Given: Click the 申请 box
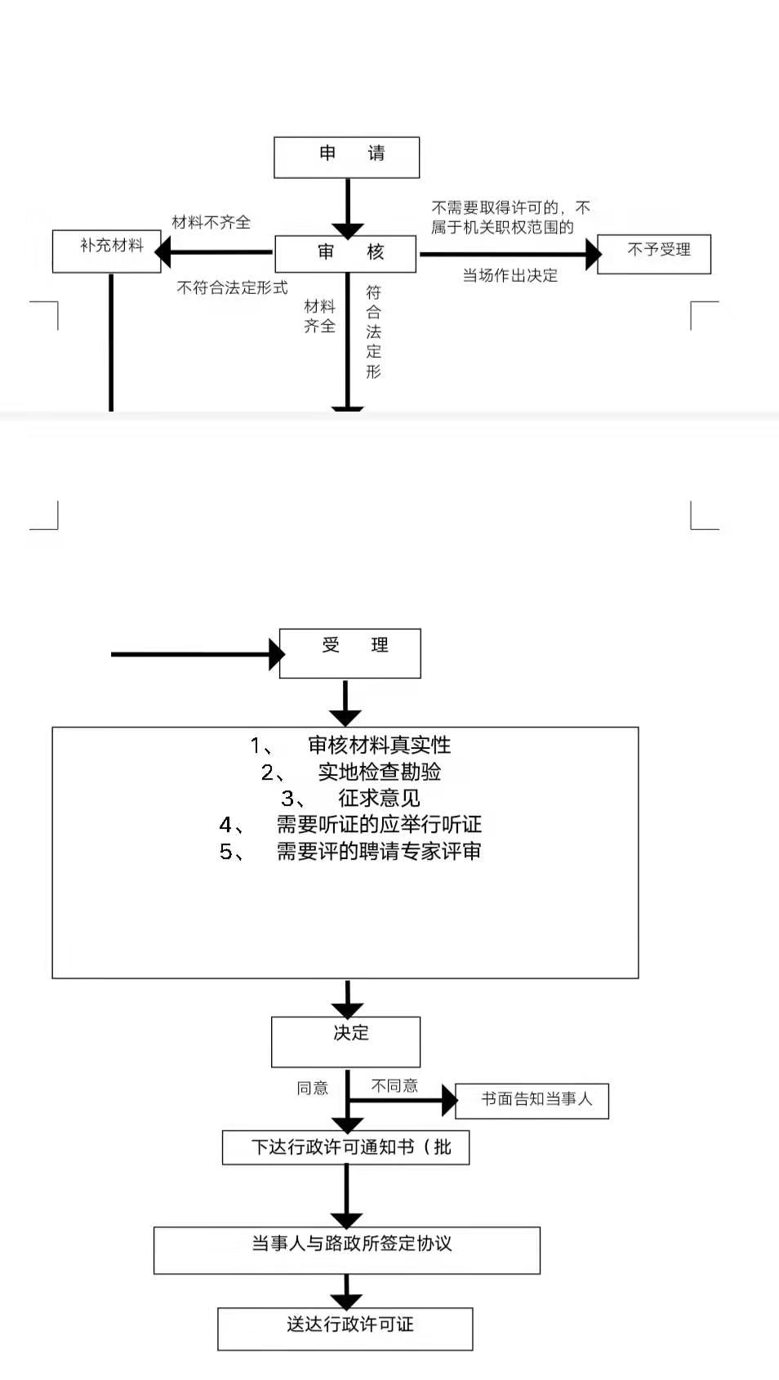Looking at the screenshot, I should [346, 157].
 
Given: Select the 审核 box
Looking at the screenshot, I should [345, 253].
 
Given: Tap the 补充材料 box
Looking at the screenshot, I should [107, 251].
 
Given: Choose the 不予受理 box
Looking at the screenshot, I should [654, 253].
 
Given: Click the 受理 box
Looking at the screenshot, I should [349, 652].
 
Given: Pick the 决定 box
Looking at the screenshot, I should [345, 1041].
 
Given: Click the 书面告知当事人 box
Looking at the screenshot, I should [532, 1100].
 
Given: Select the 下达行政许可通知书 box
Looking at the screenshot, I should [345, 1147].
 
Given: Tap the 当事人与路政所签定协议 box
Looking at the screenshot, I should [346, 1249].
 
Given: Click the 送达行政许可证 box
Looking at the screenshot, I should [345, 1329].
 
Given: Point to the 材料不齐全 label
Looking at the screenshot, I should [211, 222].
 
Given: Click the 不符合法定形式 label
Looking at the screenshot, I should [232, 287].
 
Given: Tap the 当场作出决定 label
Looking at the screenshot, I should [510, 276].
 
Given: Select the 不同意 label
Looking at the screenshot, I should [394, 1085].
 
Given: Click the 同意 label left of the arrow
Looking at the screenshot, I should [312, 1088].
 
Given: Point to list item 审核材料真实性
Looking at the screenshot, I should [379, 745].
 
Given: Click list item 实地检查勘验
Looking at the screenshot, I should [379, 772].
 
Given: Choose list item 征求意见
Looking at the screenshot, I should [379, 798].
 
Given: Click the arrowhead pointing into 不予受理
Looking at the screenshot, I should [592, 254].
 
